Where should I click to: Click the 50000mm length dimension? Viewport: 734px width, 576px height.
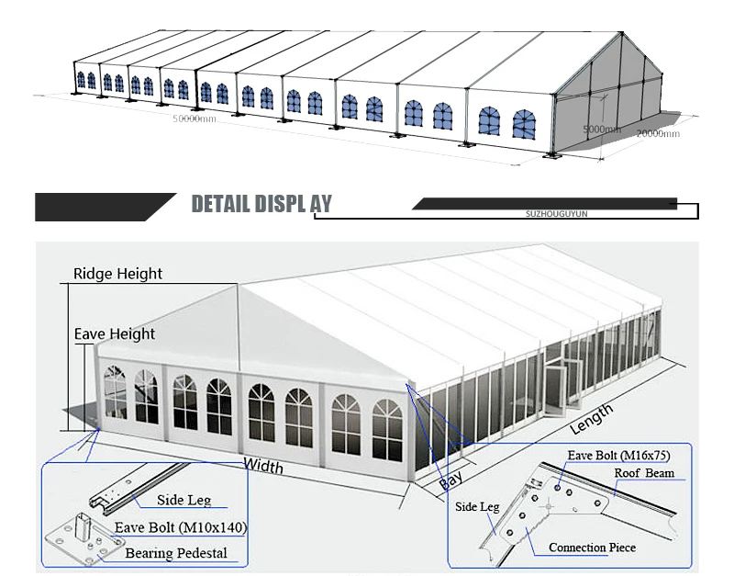[x=195, y=119]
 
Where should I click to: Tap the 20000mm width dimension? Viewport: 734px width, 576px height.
[x=659, y=134]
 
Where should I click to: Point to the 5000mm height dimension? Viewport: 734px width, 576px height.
[x=602, y=130]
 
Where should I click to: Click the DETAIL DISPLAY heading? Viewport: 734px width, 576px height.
[x=261, y=204]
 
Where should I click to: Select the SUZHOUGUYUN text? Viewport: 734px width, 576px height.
[x=550, y=213]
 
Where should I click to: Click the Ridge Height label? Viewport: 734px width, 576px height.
[x=117, y=274]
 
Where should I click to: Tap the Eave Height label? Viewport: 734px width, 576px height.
[x=115, y=334]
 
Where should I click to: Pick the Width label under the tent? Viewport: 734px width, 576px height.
[x=262, y=466]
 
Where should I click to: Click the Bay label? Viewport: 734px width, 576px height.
[x=450, y=480]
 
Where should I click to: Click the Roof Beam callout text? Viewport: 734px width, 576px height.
[x=644, y=473]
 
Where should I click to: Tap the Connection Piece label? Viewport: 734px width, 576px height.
[x=592, y=548]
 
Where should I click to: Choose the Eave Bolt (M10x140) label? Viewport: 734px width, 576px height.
[x=181, y=528]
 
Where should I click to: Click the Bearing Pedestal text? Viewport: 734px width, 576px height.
[x=175, y=553]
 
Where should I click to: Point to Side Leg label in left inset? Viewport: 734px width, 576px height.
[x=184, y=501]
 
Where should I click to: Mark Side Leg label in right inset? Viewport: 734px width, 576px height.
[x=477, y=506]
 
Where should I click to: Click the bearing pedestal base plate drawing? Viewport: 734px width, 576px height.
[x=83, y=541]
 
